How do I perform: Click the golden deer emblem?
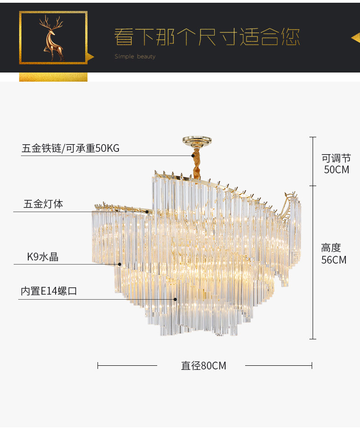point(52,38)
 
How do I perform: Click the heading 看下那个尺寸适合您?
point(207,37)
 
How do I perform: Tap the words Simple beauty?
point(135,57)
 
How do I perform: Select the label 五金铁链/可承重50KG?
point(71,148)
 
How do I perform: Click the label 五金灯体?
point(43,204)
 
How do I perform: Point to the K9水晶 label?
point(43,257)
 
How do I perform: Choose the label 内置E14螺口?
point(49,291)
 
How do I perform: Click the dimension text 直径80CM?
point(203,365)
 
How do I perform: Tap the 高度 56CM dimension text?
point(334,254)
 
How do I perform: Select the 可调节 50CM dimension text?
point(336,164)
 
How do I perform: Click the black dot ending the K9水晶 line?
point(120,264)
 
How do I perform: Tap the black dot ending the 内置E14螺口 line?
point(175,299)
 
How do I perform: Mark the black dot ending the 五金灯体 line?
point(147,212)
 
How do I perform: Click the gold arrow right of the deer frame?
point(90,57)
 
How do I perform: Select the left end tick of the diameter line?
point(98,365)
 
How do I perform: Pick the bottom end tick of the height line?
point(313,339)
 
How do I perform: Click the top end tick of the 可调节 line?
point(313,137)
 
